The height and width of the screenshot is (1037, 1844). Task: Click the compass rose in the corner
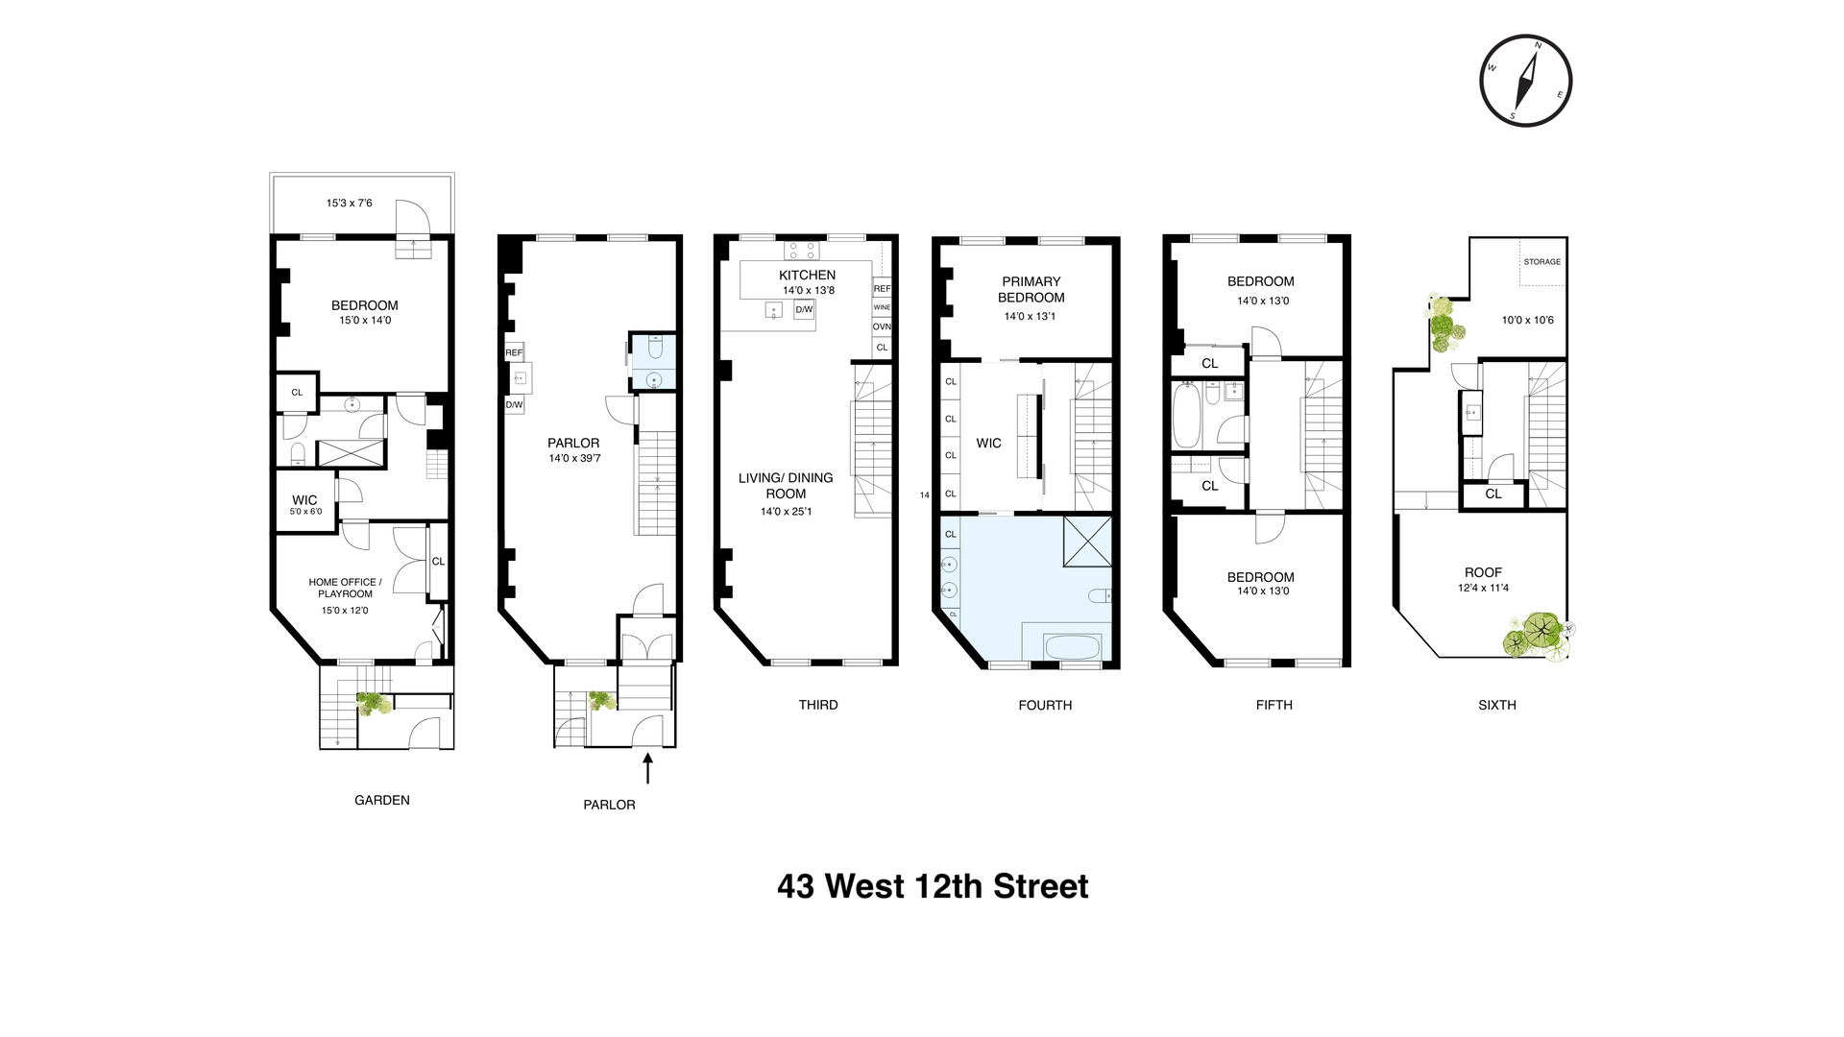(1525, 81)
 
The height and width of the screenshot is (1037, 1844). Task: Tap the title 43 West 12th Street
(933, 885)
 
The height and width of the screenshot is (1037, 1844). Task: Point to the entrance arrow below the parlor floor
(647, 769)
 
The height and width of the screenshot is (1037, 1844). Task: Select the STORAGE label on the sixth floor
(1541, 261)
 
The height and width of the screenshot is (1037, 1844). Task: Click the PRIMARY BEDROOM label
(1031, 289)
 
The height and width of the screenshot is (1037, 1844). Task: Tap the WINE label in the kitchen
(882, 307)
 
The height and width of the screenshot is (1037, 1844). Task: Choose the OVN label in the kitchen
(882, 326)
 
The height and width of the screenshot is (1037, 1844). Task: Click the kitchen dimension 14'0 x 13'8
(807, 290)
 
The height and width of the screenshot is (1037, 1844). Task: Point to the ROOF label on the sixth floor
(1483, 572)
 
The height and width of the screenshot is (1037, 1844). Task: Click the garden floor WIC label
(304, 500)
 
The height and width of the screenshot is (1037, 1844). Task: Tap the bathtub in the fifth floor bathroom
(1186, 416)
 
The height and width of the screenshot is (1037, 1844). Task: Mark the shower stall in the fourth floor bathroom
(1087, 542)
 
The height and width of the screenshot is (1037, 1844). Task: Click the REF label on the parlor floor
(514, 352)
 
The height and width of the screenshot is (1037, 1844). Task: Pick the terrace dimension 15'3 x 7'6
(349, 203)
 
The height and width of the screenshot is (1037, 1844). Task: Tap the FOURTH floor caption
(1045, 705)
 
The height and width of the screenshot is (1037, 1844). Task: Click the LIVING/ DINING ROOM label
(786, 485)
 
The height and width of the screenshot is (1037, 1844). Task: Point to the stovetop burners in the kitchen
(801, 251)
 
